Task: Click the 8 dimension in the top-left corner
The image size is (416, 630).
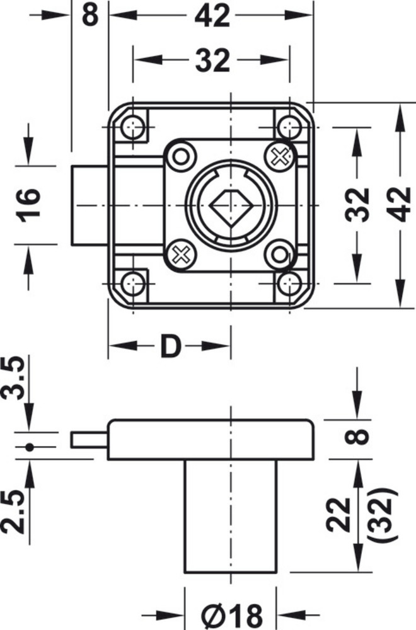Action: [90, 16]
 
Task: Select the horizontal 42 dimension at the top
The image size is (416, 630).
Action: [212, 16]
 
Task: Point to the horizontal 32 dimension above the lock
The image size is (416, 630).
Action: [212, 60]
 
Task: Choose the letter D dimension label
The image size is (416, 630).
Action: [171, 346]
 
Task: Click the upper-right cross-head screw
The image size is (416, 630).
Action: [280, 156]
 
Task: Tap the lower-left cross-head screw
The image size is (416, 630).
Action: [181, 254]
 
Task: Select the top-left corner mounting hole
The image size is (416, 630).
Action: [132, 128]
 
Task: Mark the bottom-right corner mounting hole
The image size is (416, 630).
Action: [289, 283]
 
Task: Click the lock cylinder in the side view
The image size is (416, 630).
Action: [231, 516]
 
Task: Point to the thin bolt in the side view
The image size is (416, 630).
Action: [90, 440]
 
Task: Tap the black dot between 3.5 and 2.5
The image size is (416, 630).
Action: [29, 447]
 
